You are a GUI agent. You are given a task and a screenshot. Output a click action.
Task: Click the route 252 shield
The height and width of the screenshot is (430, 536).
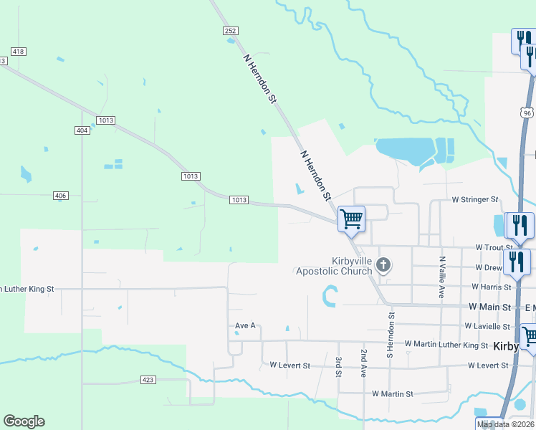[230, 31]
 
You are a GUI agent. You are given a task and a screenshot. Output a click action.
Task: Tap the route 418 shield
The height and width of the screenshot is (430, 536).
[19, 52]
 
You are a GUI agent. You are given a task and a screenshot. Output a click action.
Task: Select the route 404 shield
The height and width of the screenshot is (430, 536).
[82, 130]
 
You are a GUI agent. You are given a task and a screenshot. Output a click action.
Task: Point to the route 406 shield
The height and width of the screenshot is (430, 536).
[60, 196]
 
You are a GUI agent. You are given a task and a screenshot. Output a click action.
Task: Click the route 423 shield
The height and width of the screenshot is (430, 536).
[148, 379]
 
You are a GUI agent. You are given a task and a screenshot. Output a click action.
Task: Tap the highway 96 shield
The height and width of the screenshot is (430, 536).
[527, 113]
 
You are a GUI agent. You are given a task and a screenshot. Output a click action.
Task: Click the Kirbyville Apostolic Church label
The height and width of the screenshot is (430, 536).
[334, 265]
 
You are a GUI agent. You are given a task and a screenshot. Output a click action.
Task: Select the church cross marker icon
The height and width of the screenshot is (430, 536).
[383, 266]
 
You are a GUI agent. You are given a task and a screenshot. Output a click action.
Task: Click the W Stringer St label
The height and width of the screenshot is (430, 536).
[474, 199]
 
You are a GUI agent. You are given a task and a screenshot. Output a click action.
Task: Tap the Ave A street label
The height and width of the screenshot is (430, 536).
[246, 325]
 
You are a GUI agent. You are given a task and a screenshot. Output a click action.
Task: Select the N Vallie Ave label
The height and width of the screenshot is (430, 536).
[443, 277]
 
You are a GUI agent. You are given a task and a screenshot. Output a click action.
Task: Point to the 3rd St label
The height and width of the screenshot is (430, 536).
[338, 366]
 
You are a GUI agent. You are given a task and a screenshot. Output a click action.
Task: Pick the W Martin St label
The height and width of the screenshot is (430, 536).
[393, 394]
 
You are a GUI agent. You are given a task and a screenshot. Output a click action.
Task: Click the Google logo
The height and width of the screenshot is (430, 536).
[24, 421]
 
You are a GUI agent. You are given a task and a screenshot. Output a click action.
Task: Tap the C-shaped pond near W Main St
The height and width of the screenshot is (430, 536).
[329, 296]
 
